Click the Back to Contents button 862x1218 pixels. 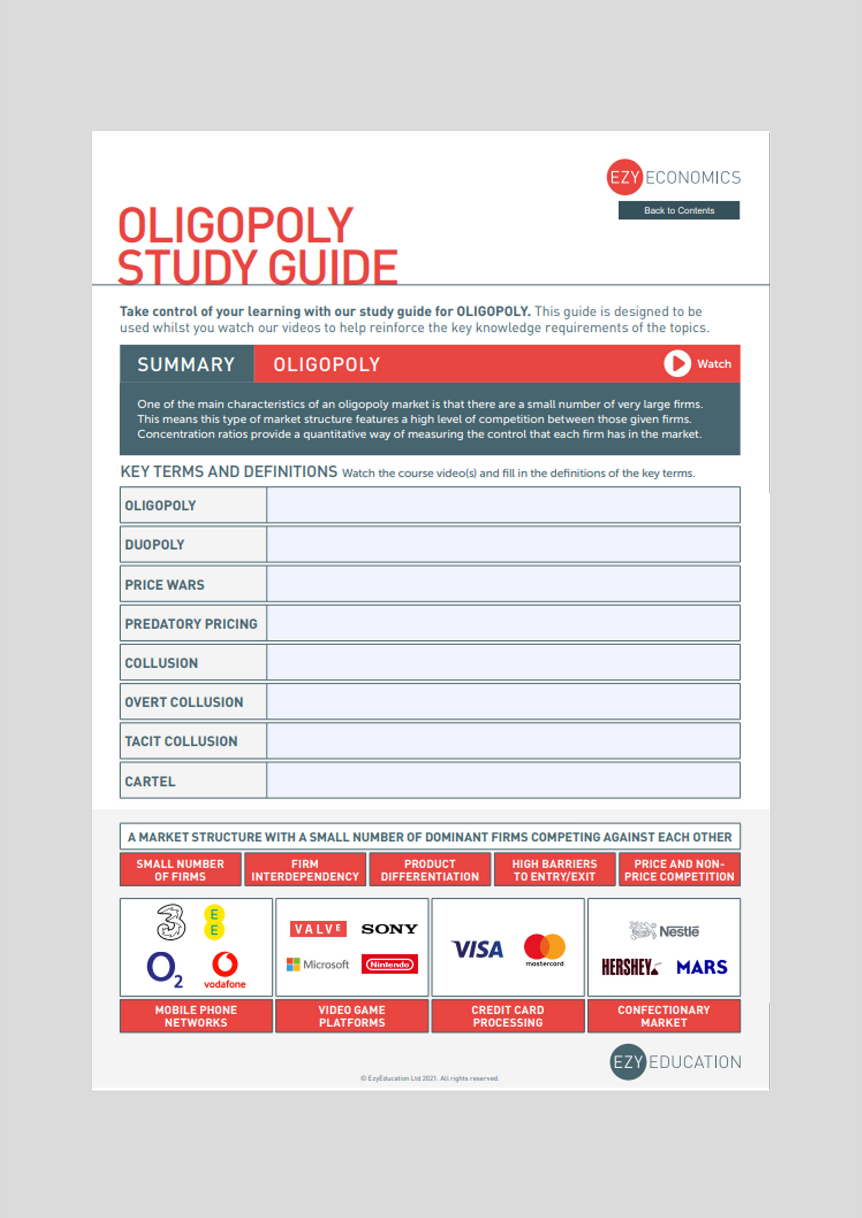point(678,210)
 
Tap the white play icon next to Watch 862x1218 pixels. point(677,363)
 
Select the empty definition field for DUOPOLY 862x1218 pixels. point(503,544)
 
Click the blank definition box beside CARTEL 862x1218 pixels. point(503,781)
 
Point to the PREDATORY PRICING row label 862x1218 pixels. point(191,624)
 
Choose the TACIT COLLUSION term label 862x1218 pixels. point(181,741)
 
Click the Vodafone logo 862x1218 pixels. point(225,969)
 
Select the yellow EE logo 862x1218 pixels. point(214,923)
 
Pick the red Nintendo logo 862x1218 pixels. point(389,964)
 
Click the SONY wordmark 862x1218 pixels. point(389,929)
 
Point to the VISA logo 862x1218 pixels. point(477,949)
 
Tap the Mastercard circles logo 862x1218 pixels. point(544,948)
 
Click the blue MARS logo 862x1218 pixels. point(702,967)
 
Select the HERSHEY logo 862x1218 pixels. point(630,967)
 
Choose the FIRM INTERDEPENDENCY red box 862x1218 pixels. point(305,870)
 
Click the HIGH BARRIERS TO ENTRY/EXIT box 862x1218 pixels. point(554,870)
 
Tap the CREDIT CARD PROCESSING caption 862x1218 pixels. point(508,1016)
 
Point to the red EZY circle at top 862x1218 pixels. point(625,177)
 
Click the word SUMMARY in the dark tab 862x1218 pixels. point(186,364)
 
